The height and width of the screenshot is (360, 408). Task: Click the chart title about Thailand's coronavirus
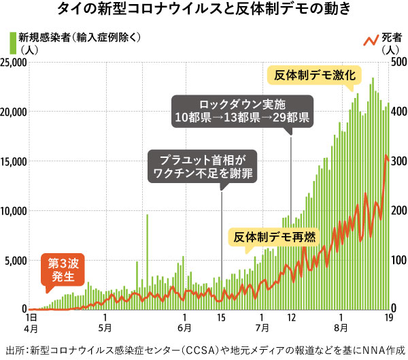click(x=204, y=10)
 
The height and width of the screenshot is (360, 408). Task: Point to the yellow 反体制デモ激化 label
click(x=315, y=76)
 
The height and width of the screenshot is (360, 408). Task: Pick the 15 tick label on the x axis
click(x=222, y=317)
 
